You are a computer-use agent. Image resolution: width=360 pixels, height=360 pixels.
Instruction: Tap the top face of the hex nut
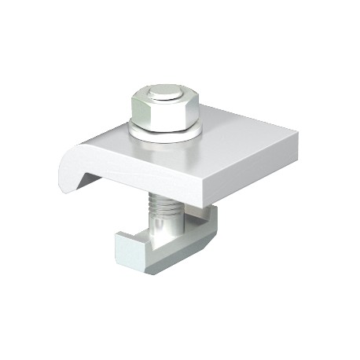pyautogui.click(x=165, y=96)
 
